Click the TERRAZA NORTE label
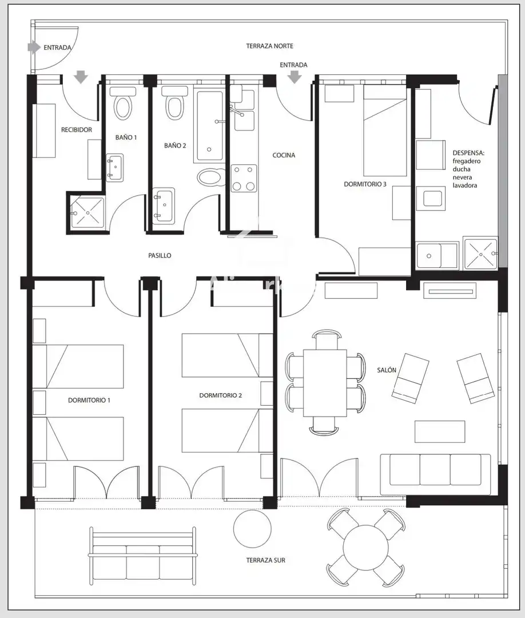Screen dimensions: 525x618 pos(270,46)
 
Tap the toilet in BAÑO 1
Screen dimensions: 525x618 pos(122,103)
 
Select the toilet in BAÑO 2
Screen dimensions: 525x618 pos(174,102)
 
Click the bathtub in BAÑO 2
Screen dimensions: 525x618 pos(209,125)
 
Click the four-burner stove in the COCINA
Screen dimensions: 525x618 pos(244,179)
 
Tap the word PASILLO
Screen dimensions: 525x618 pos(160,255)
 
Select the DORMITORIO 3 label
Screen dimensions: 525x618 pos(365,184)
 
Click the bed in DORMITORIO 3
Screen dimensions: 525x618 pos(385,131)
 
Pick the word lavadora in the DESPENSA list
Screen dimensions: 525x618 pos(465,185)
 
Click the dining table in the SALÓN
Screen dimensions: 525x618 pos(325,383)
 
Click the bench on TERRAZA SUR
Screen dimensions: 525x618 pos(142,556)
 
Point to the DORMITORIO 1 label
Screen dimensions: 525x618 pos(89,400)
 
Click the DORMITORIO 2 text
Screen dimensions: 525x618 pos(221,395)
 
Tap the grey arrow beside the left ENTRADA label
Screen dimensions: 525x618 pos(34,47)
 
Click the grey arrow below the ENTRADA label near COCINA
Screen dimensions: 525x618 pos(294,77)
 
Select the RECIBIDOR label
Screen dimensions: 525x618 pos(77,130)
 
